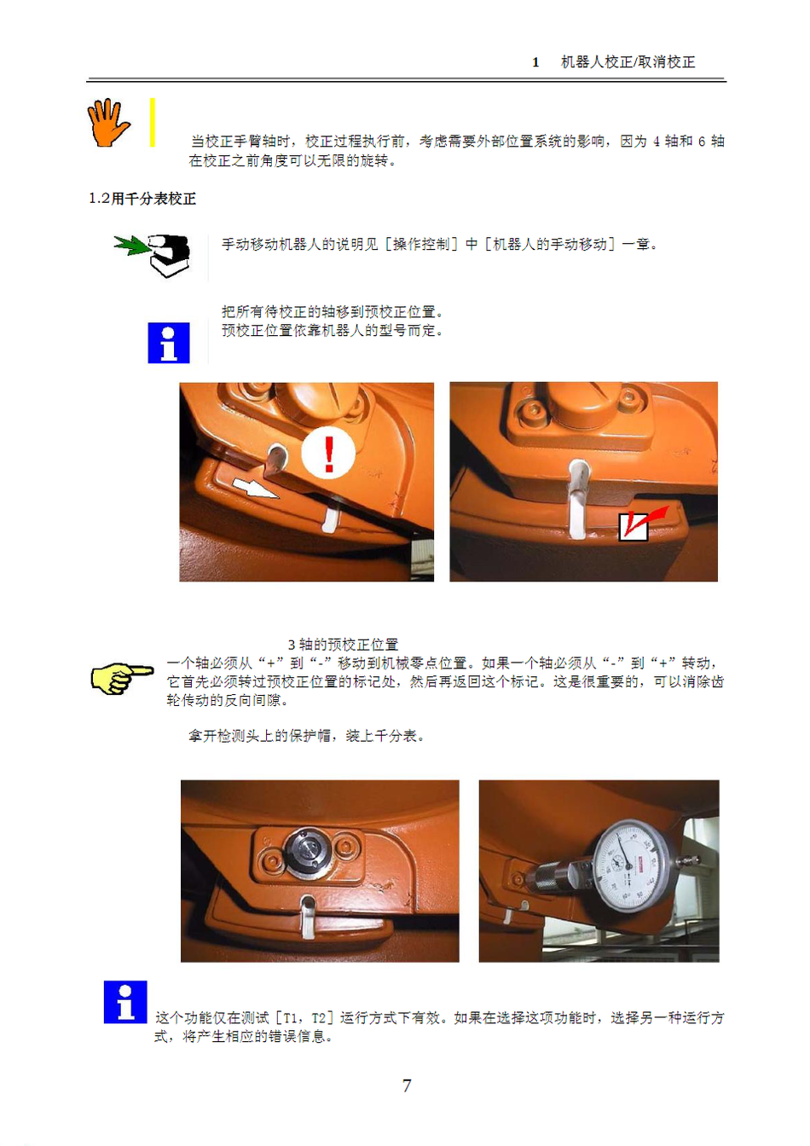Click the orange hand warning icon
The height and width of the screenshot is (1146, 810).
108,123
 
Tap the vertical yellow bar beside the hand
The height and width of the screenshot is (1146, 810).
152,122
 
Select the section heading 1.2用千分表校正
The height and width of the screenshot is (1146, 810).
142,199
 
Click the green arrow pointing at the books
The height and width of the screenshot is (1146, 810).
131,245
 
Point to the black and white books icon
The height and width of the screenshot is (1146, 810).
170,256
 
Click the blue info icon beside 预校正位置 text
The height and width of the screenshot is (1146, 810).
169,343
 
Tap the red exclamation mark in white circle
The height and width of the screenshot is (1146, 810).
328,454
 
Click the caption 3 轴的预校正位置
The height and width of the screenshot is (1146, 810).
343,644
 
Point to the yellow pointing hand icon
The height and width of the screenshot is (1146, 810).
122,678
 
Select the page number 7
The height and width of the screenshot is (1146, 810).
407,1085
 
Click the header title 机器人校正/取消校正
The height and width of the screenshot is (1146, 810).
628,62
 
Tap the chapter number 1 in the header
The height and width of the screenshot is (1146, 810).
535,62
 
